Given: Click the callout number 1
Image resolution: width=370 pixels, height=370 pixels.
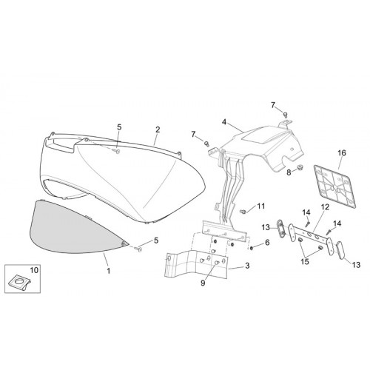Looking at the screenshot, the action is click(x=108, y=271).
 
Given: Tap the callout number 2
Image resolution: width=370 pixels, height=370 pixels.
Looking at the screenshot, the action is click(x=158, y=129).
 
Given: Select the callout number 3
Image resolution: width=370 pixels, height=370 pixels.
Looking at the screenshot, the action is click(x=247, y=266).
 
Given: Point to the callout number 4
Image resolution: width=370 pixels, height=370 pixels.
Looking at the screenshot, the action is click(x=224, y=122).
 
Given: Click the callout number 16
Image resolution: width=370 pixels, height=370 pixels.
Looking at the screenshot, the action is click(x=342, y=153).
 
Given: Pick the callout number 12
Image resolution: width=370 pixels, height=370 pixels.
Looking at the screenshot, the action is click(x=326, y=207).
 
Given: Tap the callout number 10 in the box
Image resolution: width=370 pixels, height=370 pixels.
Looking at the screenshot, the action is click(x=34, y=270).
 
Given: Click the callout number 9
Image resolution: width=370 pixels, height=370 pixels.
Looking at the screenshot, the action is click(x=203, y=283).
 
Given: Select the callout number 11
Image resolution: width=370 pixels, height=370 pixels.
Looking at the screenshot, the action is click(x=261, y=206).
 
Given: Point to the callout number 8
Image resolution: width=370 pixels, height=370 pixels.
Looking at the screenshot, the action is click(x=289, y=172).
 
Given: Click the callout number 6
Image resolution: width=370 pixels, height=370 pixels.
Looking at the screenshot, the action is click(x=267, y=243).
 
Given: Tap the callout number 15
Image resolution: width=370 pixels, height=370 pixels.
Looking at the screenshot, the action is click(x=305, y=261).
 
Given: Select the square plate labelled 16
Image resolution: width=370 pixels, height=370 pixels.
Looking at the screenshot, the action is click(x=335, y=187).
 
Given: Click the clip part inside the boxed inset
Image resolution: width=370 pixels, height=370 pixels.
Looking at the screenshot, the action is click(x=20, y=281).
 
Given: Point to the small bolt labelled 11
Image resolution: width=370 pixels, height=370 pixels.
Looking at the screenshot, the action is click(x=243, y=212).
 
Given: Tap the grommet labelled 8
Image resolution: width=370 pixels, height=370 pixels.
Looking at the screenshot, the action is click(x=300, y=168).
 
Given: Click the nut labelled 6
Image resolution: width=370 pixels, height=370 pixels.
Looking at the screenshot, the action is click(x=251, y=248).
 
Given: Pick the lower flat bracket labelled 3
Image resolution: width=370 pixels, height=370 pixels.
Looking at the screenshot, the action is click(x=196, y=265).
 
